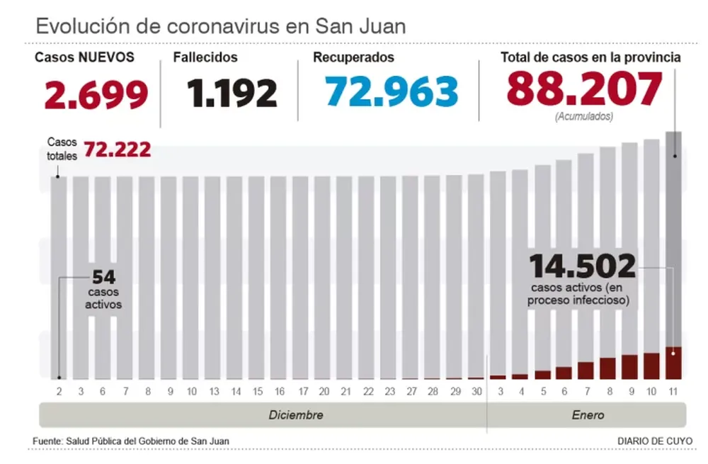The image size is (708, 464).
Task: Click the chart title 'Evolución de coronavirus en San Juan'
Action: click(220, 26)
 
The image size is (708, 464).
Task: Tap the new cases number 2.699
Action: click(97, 94)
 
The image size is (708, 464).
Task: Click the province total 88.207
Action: click(584, 89)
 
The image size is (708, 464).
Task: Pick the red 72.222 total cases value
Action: click(118, 149)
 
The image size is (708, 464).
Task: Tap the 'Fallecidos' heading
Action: click(205, 57)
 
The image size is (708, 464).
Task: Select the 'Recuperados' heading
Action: click(354, 57)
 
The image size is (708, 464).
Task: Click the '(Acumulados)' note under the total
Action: click(585, 115)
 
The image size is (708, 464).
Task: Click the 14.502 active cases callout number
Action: click(583, 267)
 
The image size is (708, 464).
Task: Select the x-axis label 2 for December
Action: click(59, 391)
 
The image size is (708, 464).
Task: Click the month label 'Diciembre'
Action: click(296, 415)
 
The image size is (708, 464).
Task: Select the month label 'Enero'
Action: click(588, 415)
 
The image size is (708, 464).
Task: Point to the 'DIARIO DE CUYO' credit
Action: click(655, 441)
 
